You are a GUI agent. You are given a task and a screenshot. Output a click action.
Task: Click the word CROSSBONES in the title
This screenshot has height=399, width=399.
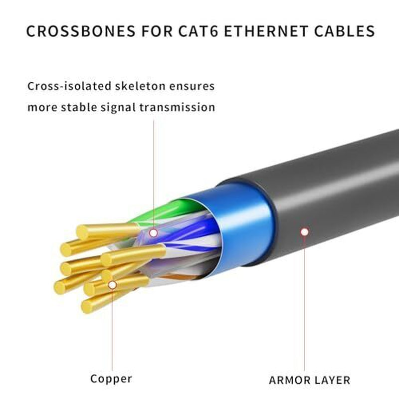tap(78, 31)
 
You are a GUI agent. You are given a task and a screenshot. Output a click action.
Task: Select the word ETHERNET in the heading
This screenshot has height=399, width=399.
tap(277, 31)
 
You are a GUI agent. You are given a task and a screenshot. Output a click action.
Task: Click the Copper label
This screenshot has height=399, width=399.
tap(111, 379)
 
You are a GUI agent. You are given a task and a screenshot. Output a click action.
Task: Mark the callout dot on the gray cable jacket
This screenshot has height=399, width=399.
tap(304, 232)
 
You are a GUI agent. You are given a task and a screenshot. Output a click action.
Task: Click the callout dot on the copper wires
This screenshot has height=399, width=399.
tap(112, 284)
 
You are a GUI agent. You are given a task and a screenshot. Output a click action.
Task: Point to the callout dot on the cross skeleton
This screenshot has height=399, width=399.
tap(154, 232)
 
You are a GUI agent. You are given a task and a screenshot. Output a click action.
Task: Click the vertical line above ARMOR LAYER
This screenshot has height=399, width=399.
tap(304, 309)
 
